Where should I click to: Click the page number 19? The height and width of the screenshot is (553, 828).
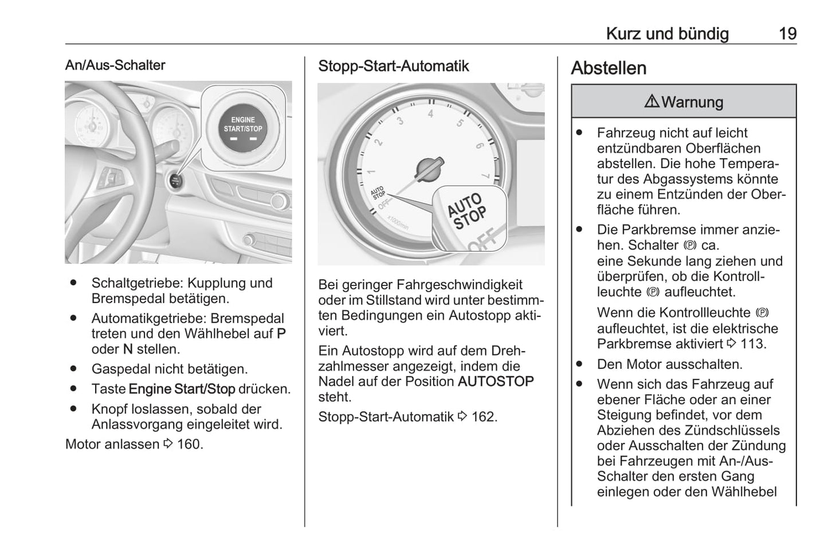point(787,34)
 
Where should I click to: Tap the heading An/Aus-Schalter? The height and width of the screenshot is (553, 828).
point(115,65)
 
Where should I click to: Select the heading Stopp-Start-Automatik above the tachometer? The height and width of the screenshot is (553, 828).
point(393,66)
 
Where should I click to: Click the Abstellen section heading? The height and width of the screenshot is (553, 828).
point(609,68)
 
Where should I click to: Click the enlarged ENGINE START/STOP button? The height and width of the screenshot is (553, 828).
point(243,127)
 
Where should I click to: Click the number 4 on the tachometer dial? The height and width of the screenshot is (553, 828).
point(431,113)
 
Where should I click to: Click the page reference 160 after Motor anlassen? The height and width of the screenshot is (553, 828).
point(189,444)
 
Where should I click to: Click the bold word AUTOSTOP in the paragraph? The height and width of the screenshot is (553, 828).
point(496,381)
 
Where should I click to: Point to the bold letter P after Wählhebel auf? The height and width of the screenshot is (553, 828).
point(281,334)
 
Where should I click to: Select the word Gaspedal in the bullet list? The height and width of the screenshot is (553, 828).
point(119,369)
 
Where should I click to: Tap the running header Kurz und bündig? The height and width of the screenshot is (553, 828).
point(667,34)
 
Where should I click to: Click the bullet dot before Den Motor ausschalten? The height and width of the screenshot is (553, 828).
point(579,364)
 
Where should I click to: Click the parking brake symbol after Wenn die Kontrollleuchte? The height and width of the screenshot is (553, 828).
point(762,313)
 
